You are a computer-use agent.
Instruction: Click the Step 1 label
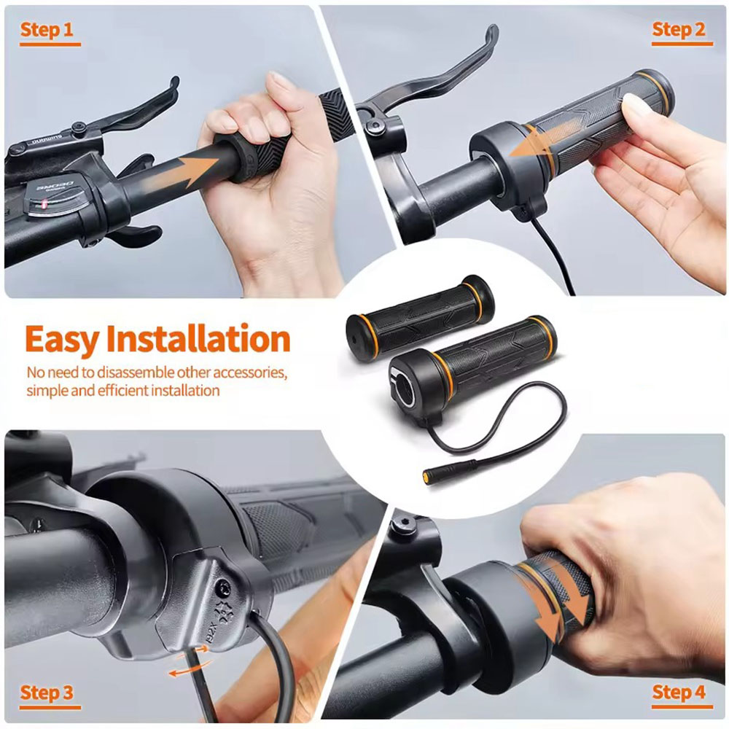[x=47, y=30]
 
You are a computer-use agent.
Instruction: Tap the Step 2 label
[x=679, y=29]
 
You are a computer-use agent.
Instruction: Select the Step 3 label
[x=47, y=693]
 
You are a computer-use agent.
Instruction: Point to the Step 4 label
[x=679, y=693]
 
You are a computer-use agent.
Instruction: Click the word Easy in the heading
[x=61, y=340]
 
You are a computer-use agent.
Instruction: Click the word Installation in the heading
[x=198, y=338]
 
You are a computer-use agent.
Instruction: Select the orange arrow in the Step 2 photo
[x=545, y=139]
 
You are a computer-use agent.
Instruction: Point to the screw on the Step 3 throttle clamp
[x=225, y=589]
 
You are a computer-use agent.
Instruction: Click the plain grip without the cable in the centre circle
[x=420, y=318]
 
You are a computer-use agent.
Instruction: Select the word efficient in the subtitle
[x=125, y=391]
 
